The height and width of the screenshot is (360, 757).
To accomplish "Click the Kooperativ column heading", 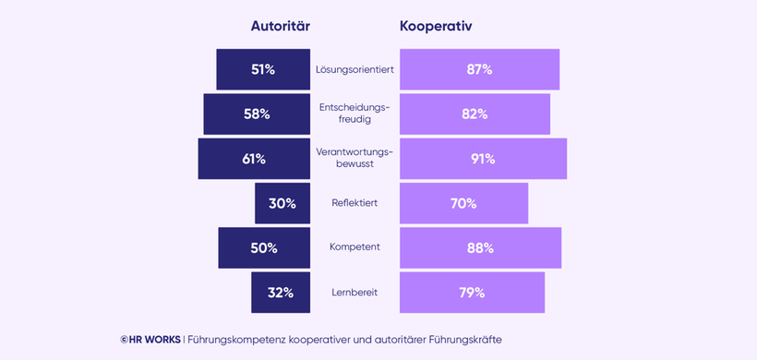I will [436, 26].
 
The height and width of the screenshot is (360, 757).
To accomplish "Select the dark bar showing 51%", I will [263, 69].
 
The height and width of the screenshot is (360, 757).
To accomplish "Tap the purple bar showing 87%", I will [479, 69].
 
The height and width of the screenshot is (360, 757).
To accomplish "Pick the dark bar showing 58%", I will [257, 114].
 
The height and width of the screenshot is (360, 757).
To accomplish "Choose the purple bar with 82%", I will [475, 114].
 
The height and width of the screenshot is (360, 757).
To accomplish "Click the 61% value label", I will [254, 159].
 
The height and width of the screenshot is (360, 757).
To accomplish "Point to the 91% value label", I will [483, 159].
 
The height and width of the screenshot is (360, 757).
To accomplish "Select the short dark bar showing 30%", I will [282, 203].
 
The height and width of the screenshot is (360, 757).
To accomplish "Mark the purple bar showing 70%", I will [463, 203].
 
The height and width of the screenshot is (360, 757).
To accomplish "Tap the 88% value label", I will [480, 248].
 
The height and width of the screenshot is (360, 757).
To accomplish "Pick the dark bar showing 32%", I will [281, 293].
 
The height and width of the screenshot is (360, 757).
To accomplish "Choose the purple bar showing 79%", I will [472, 293].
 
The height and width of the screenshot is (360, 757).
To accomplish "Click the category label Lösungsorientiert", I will [354, 70].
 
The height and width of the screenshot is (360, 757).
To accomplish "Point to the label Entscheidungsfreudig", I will [354, 114].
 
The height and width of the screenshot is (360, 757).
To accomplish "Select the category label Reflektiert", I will [354, 203].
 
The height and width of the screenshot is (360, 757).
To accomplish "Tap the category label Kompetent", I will [354, 248].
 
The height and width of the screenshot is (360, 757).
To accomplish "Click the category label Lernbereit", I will [354, 293].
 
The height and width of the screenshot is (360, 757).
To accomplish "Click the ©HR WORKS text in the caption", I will [150, 339].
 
